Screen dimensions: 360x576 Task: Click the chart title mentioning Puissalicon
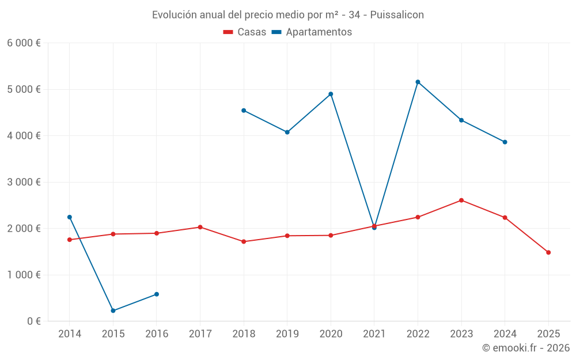pyautogui.click(x=287, y=15)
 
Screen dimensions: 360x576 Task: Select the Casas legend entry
pyautogui.click(x=245, y=32)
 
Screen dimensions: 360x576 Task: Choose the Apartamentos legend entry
pyautogui.click(x=312, y=32)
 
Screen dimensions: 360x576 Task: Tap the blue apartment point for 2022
pyautogui.click(x=418, y=82)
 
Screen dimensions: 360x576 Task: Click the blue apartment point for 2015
pyautogui.click(x=113, y=310)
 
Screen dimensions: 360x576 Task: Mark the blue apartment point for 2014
pyautogui.click(x=70, y=217)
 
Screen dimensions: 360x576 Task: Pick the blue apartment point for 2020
pyautogui.click(x=331, y=94)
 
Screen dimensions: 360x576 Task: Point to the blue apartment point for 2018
pyautogui.click(x=244, y=110)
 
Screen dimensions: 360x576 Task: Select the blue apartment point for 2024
pyautogui.click(x=505, y=142)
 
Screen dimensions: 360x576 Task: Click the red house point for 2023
pyautogui.click(x=461, y=200)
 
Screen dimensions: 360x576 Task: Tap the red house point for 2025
pyautogui.click(x=548, y=252)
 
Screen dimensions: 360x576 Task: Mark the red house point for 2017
pyautogui.click(x=200, y=227)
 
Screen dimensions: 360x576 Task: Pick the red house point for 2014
pyautogui.click(x=70, y=240)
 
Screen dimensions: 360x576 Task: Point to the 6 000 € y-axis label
pyautogui.click(x=24, y=43)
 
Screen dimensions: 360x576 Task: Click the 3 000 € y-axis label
pyautogui.click(x=24, y=182)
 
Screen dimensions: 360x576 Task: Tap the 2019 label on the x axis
pyautogui.click(x=287, y=334)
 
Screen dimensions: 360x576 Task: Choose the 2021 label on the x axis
pyautogui.click(x=374, y=334)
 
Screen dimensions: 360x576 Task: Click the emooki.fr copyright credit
pyautogui.click(x=525, y=348)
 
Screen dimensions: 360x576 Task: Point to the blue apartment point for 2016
pyautogui.click(x=157, y=294)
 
